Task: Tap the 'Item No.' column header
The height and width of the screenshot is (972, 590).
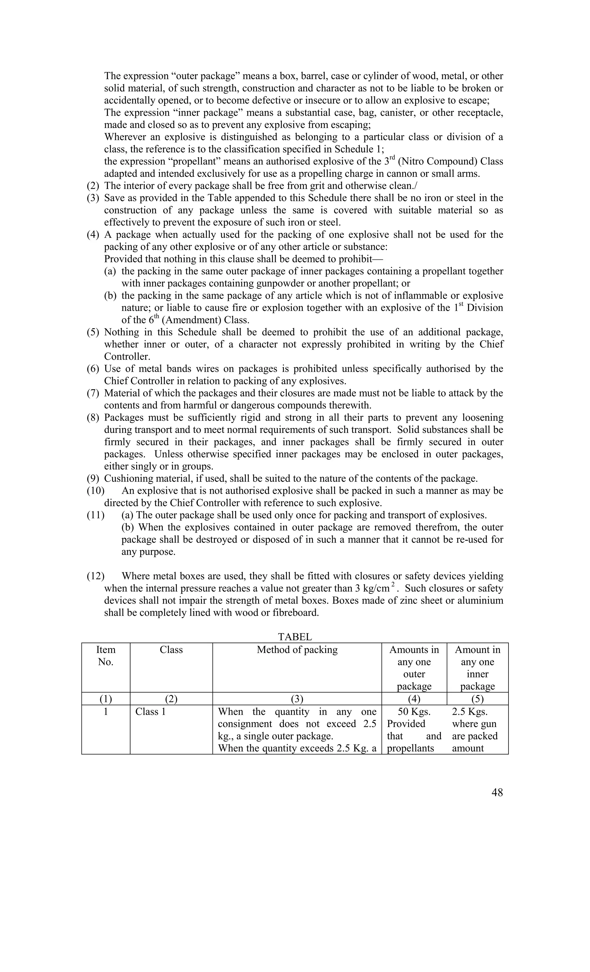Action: click(x=106, y=656)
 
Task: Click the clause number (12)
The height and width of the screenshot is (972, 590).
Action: click(x=95, y=576)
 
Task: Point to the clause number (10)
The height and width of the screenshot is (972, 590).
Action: click(x=95, y=491)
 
